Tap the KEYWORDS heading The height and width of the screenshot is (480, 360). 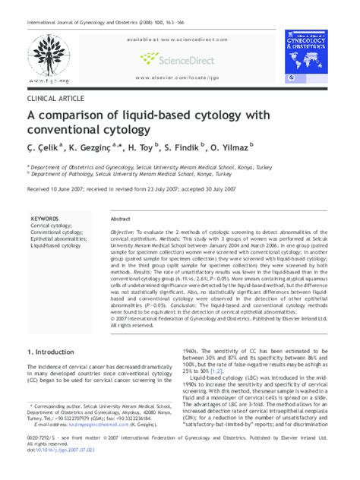tap(45, 218)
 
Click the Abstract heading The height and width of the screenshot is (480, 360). tap(120, 218)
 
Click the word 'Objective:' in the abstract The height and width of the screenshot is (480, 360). tap(124, 231)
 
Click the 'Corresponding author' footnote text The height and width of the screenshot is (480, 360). tap(61, 407)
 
